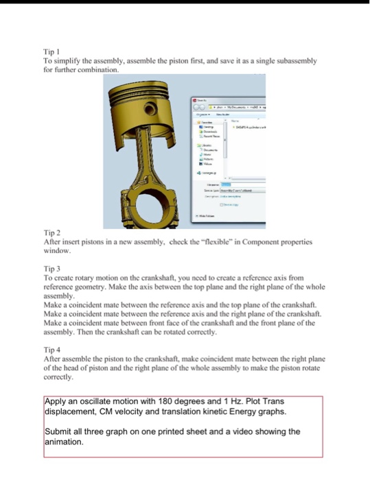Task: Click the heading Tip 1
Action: pyautogui.click(x=51, y=52)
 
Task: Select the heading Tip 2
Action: pyautogui.click(x=51, y=233)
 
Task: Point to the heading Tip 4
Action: pyautogui.click(x=51, y=349)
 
